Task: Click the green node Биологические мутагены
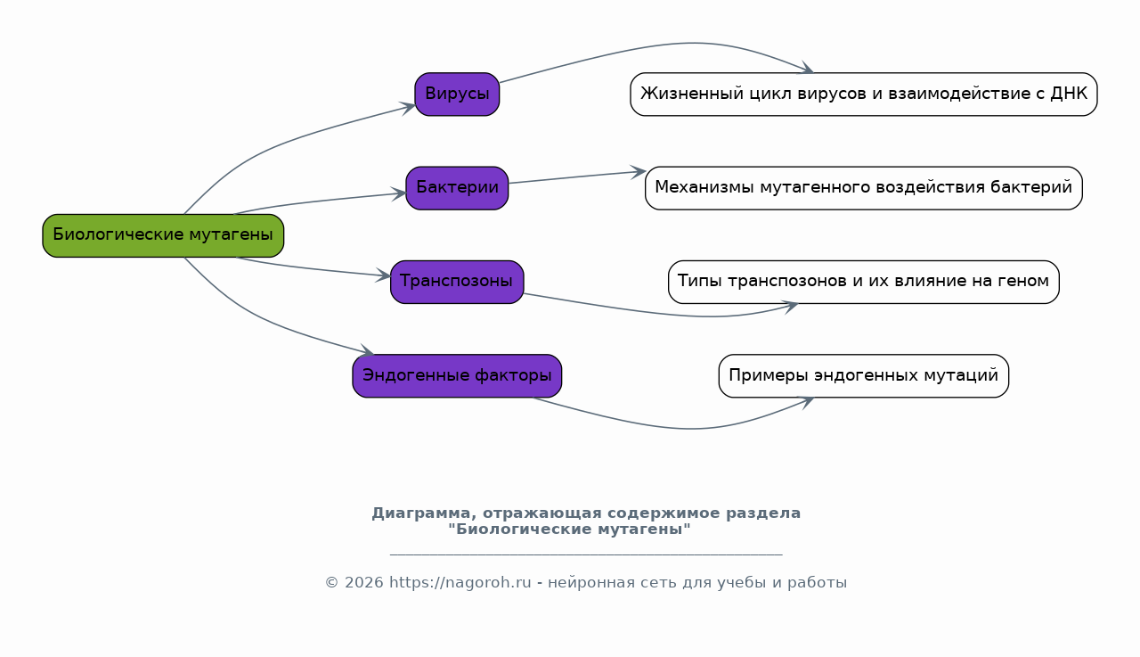point(163,235)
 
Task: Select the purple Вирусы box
point(457,94)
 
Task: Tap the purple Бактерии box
point(457,188)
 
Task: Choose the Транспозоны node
point(457,283)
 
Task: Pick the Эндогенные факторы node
point(457,376)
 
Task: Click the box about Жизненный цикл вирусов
point(864,94)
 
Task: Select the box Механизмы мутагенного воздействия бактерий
point(864,188)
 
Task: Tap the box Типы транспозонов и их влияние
point(864,283)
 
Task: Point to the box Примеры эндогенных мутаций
point(864,376)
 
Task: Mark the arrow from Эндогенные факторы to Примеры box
point(677,428)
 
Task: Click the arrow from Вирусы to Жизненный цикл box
point(662,45)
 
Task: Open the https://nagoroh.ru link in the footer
point(460,583)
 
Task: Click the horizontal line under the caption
point(586,554)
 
